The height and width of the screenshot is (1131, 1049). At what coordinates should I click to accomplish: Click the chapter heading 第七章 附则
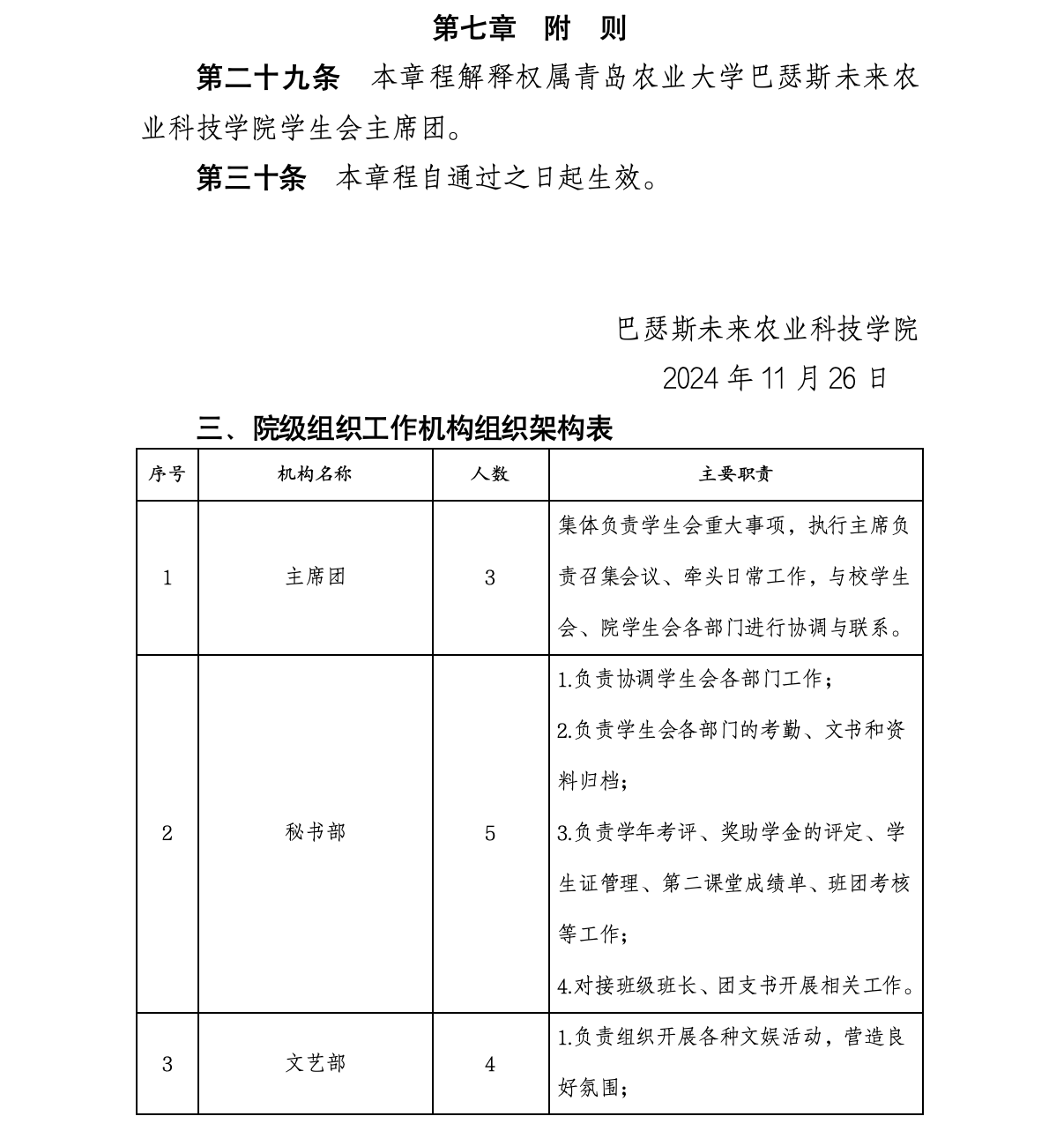[529, 29]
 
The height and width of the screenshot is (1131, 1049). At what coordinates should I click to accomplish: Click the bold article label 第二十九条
[267, 78]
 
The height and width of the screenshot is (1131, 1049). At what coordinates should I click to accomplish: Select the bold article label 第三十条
[250, 179]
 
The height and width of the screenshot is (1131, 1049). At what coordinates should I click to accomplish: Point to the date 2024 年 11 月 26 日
[774, 378]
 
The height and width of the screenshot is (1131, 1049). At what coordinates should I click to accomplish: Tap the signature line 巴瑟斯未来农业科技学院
[767, 329]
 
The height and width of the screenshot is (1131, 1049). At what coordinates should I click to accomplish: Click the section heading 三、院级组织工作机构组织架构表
[405, 429]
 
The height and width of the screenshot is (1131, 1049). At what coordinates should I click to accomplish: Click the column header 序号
[167, 474]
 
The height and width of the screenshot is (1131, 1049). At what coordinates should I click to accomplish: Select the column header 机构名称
[315, 474]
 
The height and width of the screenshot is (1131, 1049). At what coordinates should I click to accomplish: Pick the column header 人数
[490, 474]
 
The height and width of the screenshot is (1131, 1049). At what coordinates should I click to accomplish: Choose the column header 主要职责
[735, 474]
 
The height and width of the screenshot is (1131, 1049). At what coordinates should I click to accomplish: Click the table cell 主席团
[315, 577]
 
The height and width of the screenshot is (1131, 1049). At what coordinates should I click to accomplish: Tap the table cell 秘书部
[315, 833]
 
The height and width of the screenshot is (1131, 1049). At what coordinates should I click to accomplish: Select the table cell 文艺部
[315, 1063]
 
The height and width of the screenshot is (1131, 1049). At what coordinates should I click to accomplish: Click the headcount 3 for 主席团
[490, 578]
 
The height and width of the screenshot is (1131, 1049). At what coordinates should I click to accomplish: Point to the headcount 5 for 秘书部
[490, 834]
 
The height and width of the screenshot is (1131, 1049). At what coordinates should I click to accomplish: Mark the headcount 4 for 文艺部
[490, 1064]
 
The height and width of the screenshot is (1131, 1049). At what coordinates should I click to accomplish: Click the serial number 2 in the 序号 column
[167, 834]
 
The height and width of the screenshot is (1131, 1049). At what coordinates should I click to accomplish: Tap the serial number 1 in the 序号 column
[167, 578]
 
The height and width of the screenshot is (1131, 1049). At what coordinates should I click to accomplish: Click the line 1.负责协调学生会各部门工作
[695, 680]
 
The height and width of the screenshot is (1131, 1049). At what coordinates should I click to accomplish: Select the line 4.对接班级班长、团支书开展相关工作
[735, 986]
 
